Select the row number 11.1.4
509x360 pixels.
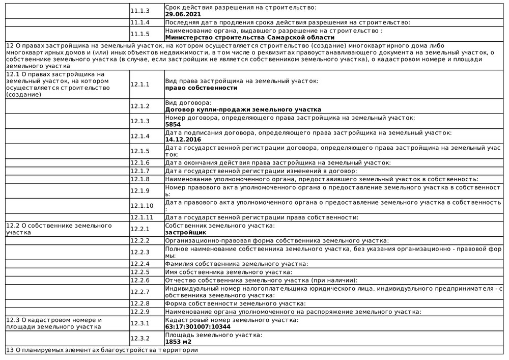(140, 22)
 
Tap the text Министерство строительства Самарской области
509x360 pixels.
(250, 37)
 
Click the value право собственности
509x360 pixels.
(201, 88)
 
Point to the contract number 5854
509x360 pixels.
(173, 124)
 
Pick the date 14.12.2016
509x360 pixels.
(183, 139)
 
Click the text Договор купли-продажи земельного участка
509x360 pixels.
(243, 109)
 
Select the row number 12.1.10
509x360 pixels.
(142, 206)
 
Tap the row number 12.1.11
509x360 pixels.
(142, 217)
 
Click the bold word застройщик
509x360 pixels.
(186, 232)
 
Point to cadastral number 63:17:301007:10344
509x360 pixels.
(198, 326)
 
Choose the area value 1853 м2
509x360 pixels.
(178, 342)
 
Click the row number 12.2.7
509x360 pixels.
(140, 292)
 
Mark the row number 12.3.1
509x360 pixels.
(140, 323)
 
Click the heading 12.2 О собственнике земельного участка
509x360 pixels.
(58, 229)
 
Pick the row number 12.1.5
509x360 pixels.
(140, 151)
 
